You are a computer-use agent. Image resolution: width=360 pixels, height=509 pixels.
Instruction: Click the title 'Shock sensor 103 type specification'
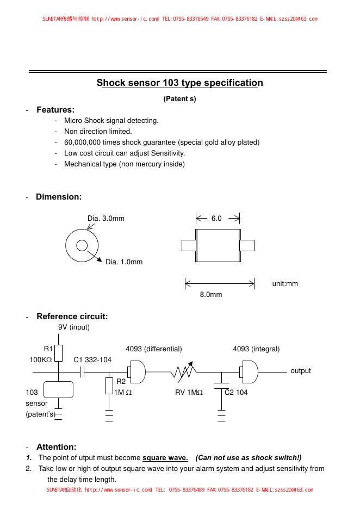click(x=179, y=83)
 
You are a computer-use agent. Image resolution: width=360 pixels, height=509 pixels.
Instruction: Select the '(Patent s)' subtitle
click(x=179, y=99)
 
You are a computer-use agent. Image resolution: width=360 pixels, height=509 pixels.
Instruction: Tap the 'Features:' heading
click(x=55, y=110)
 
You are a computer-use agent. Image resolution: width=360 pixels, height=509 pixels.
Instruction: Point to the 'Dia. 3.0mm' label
click(x=106, y=219)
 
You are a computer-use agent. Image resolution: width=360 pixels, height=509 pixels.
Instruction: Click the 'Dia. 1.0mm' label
click(x=124, y=262)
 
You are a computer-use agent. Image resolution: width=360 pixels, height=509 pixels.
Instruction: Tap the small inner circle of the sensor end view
click(x=82, y=246)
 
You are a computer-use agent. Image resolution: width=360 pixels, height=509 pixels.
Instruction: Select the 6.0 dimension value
click(x=216, y=219)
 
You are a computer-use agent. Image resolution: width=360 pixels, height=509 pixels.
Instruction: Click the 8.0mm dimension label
click(x=211, y=294)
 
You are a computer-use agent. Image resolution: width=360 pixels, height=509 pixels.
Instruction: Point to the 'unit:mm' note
click(x=285, y=284)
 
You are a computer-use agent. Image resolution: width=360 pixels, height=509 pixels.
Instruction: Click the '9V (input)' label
click(x=74, y=327)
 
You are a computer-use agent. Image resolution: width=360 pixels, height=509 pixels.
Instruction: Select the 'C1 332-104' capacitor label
click(x=92, y=360)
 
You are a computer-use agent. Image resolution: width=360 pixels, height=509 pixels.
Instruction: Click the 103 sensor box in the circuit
click(x=58, y=390)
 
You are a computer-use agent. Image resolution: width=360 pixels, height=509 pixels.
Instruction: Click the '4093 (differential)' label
click(x=154, y=349)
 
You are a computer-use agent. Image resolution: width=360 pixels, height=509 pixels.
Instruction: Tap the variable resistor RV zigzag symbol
click(x=184, y=372)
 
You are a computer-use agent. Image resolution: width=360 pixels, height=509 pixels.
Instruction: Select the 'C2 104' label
click(x=237, y=393)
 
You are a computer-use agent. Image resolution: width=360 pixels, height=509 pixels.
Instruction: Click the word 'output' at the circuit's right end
click(x=301, y=371)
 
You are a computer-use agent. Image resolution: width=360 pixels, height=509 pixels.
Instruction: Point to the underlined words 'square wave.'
click(x=165, y=457)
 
